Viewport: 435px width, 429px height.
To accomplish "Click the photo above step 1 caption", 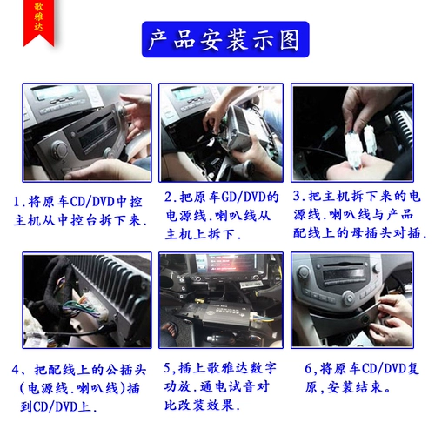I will pos(86,132).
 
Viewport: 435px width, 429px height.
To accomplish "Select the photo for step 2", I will pos(221,132).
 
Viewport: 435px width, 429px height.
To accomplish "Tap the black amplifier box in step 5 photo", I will pos(219,315).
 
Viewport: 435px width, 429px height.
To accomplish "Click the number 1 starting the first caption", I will pos(18,200).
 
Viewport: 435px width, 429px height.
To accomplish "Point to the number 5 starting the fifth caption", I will pos(167,367).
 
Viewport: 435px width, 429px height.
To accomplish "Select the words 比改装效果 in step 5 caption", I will pos(201,406).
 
